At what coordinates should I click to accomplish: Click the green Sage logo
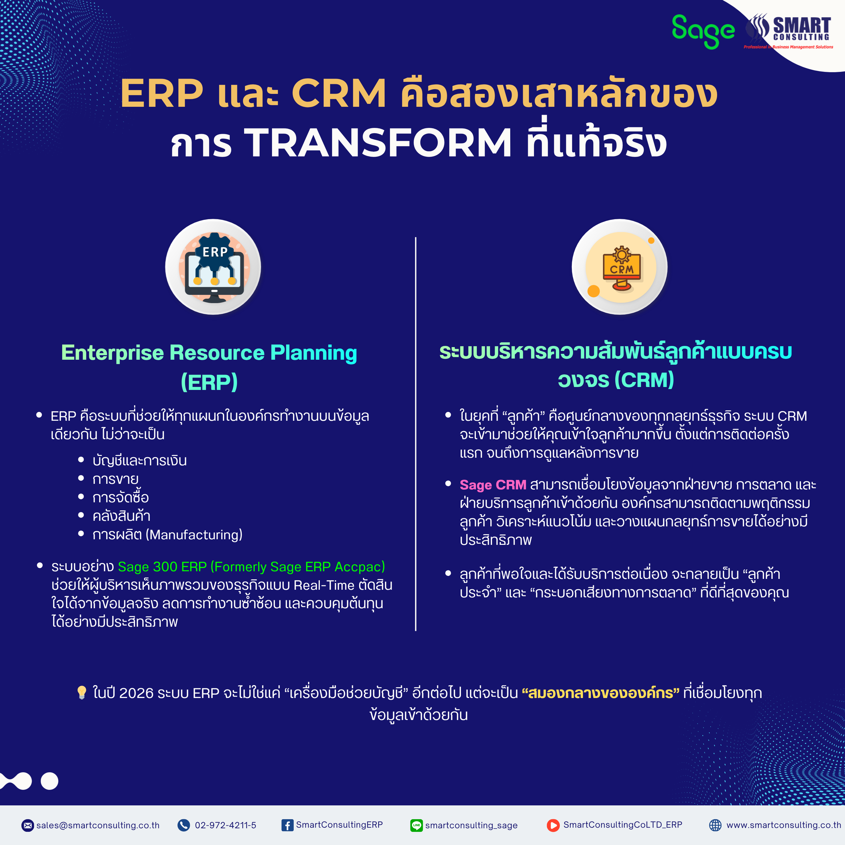(703, 31)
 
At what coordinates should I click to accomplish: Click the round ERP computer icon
(213, 267)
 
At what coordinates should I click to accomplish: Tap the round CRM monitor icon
(620, 267)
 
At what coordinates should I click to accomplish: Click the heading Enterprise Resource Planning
(209, 352)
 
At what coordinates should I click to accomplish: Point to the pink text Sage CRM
(493, 485)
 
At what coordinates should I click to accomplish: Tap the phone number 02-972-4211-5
(226, 825)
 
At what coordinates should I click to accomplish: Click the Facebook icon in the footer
(287, 825)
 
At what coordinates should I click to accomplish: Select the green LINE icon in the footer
(416, 825)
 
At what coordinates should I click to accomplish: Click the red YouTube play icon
(553, 825)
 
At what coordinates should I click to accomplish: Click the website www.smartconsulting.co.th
(784, 825)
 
